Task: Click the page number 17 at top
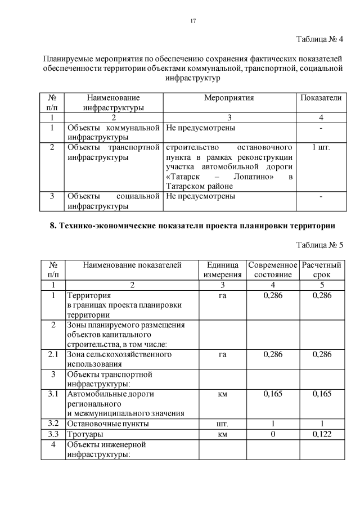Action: pos(193,21)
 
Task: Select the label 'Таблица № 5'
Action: pos(319,245)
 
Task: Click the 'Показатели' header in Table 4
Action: pos(321,98)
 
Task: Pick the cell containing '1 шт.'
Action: pos(321,147)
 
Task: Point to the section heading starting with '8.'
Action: pos(192,226)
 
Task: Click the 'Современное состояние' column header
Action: pos(273,270)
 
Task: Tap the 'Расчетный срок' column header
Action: pos(321,270)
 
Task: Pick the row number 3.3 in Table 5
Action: pos(53,435)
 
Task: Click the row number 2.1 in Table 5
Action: pos(53,354)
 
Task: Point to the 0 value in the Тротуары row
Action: pos(273,435)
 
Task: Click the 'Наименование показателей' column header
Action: pos(132,265)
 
